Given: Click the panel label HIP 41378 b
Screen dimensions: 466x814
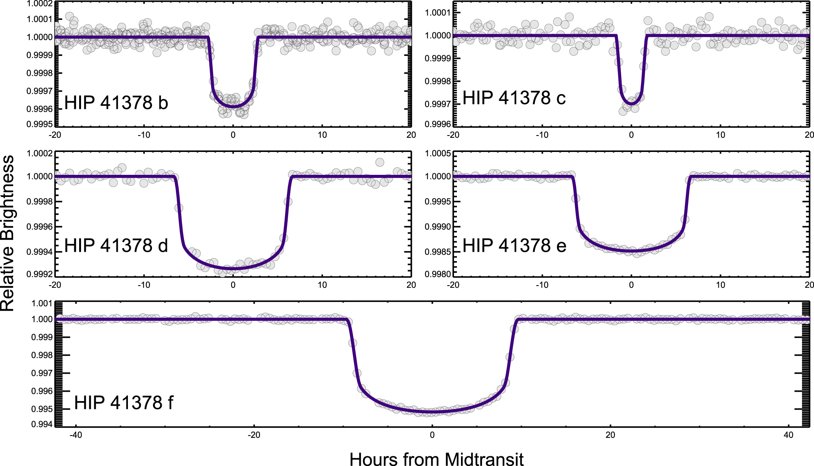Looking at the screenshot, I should (x=116, y=103).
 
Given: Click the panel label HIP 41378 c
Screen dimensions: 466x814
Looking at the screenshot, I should (x=514, y=98).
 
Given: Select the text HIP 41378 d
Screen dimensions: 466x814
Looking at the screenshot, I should (x=116, y=246).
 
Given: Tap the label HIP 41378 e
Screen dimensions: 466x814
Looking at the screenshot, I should (x=514, y=246).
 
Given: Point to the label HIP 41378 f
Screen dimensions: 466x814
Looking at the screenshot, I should (x=124, y=403).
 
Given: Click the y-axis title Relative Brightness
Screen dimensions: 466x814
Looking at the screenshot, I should (x=8, y=233).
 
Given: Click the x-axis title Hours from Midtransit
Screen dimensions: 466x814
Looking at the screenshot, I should (x=436, y=460).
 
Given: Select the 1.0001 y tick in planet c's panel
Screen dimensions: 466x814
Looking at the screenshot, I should (x=437, y=13).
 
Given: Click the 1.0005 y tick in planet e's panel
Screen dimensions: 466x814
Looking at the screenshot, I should (x=437, y=153).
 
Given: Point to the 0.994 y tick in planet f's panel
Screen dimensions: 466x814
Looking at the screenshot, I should (x=42, y=424).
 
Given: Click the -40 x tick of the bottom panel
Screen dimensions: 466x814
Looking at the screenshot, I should (x=76, y=435).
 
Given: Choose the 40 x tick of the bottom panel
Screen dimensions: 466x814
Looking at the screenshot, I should (x=788, y=435).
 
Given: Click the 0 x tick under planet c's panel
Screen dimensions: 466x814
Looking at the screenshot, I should (x=631, y=135).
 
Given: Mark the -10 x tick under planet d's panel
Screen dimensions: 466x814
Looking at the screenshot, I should (x=144, y=285).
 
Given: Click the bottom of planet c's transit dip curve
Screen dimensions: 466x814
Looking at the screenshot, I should (x=631, y=104).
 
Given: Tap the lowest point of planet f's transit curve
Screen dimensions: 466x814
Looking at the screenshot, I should (x=432, y=412).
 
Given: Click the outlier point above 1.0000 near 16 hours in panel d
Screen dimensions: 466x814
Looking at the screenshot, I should (x=380, y=162).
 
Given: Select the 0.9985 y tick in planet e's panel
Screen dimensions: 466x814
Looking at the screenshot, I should (x=437, y=252).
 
